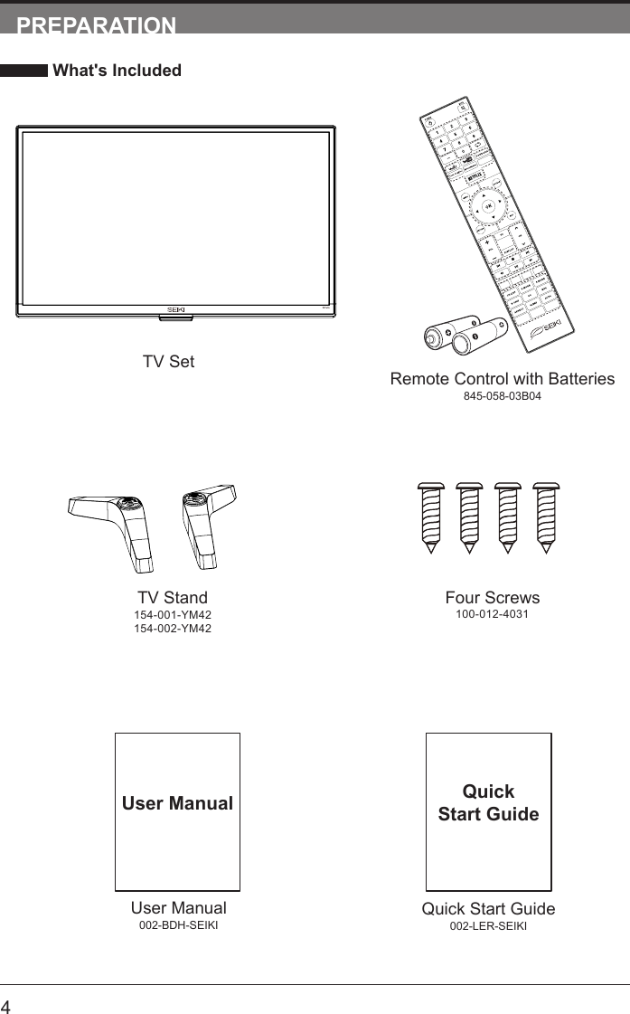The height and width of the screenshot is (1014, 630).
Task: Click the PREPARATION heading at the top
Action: pyautogui.click(x=97, y=25)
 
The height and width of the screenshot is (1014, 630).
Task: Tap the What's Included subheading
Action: pyautogui.click(x=117, y=71)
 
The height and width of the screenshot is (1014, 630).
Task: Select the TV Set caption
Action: pyautogui.click(x=168, y=362)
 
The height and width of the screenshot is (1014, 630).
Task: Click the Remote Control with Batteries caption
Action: pyautogui.click(x=502, y=379)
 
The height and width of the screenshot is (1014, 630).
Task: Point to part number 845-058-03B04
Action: pyautogui.click(x=502, y=397)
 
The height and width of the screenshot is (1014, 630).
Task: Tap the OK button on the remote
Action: pyautogui.click(x=488, y=206)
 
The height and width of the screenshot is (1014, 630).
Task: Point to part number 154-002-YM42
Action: pyautogui.click(x=173, y=629)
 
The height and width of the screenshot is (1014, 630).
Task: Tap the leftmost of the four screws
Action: pyautogui.click(x=429, y=516)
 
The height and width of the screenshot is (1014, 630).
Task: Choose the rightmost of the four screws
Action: pyautogui.click(x=546, y=516)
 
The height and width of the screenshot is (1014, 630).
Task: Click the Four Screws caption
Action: pyautogui.click(x=492, y=598)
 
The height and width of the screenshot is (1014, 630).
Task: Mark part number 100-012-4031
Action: pyautogui.click(x=492, y=615)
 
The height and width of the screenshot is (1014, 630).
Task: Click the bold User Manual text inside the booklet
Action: pyautogui.click(x=177, y=803)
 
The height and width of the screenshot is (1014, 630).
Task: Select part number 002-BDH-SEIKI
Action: pyautogui.click(x=178, y=925)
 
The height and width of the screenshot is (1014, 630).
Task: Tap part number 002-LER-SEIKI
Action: pyautogui.click(x=488, y=926)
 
